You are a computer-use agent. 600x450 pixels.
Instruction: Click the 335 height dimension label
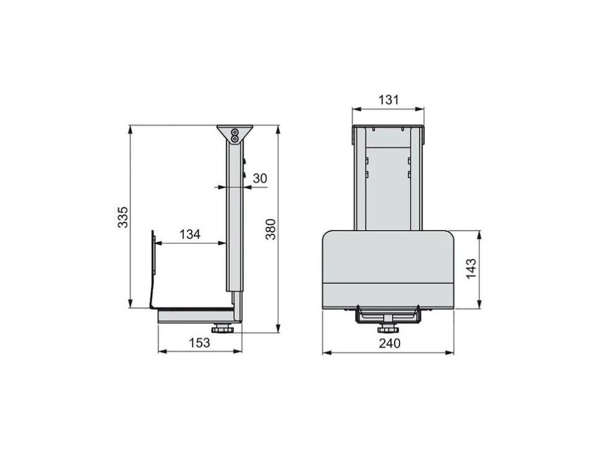(123, 217)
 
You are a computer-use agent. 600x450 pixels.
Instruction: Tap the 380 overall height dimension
(271, 229)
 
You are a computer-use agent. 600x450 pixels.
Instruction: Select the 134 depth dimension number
(190, 234)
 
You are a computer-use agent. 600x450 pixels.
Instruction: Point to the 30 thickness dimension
(260, 178)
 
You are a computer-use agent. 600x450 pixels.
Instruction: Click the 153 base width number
(199, 342)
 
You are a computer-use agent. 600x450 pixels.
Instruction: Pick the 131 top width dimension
(388, 100)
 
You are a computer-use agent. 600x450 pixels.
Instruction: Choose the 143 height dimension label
(471, 269)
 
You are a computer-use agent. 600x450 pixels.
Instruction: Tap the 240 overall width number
(390, 343)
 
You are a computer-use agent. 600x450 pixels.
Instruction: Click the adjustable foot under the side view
(221, 329)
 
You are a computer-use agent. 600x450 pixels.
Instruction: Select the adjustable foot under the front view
(388, 329)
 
